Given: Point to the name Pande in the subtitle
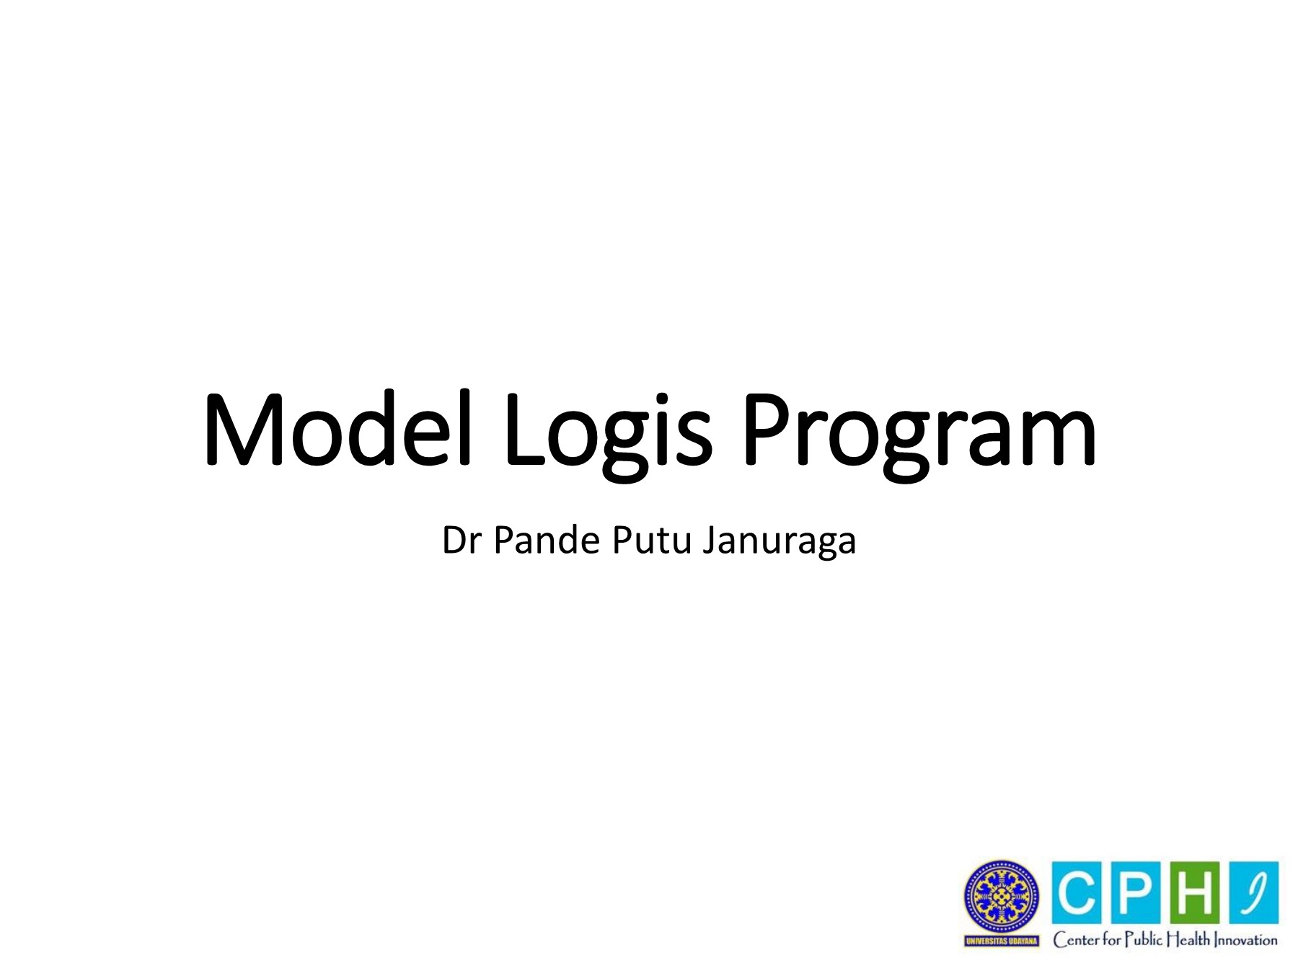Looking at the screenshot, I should (546, 541).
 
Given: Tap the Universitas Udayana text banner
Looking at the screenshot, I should (1002, 941).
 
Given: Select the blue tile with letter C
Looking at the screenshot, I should (1077, 892).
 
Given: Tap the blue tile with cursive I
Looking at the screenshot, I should (1254, 892).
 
